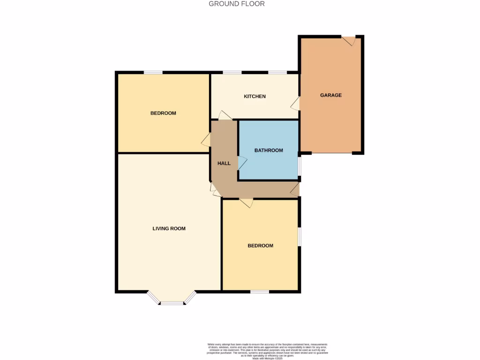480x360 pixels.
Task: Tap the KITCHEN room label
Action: pyautogui.click(x=255, y=97)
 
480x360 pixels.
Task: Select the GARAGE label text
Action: pyautogui.click(x=331, y=95)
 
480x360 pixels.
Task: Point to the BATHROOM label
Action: pyautogui.click(x=269, y=150)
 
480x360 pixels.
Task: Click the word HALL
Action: pyautogui.click(x=224, y=164)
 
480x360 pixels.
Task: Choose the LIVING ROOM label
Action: pyautogui.click(x=169, y=229)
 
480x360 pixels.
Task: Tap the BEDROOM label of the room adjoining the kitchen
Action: pyautogui.click(x=163, y=113)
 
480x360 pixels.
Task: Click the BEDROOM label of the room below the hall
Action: pyautogui.click(x=260, y=246)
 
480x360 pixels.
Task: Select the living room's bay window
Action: pyautogui.click(x=172, y=300)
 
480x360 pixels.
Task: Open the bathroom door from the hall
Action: pyautogui.click(x=242, y=163)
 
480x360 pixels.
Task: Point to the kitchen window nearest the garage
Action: pyautogui.click(x=277, y=73)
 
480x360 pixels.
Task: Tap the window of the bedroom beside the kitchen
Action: pyautogui.click(x=153, y=73)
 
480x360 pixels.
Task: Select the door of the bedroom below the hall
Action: pyautogui.click(x=246, y=202)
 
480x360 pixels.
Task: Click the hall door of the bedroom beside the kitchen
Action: pyautogui.click(x=206, y=140)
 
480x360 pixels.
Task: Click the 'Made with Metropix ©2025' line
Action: pyautogui.click(x=267, y=359)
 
